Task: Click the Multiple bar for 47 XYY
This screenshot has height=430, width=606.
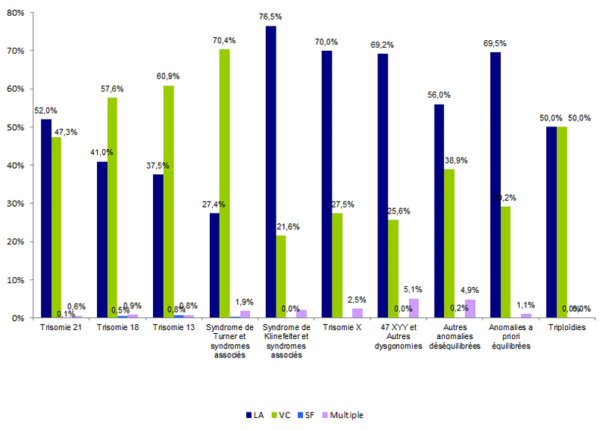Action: tap(414, 308)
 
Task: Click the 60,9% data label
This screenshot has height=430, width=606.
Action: tap(168, 77)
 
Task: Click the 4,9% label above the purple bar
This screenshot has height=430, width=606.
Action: tap(471, 290)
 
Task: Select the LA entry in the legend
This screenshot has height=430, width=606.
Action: tap(255, 415)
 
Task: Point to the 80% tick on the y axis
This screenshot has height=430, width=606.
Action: tap(17, 13)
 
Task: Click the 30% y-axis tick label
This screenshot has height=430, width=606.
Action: tap(17, 204)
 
